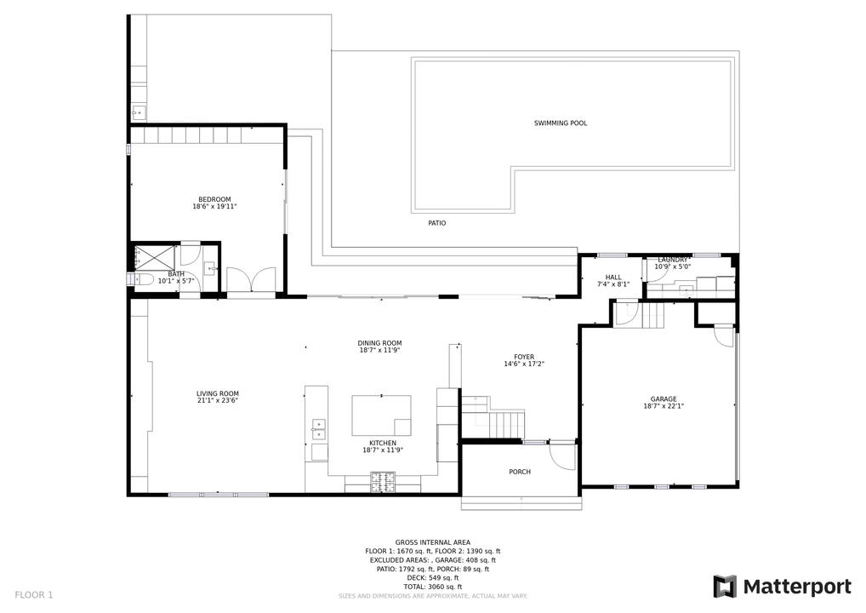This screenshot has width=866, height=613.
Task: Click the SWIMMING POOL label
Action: (x=560, y=123)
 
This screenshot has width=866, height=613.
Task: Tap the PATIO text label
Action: (x=437, y=223)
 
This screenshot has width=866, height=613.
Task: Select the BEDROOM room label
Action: (x=214, y=199)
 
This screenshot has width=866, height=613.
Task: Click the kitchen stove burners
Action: (x=383, y=481)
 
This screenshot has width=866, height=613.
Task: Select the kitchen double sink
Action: (x=318, y=429)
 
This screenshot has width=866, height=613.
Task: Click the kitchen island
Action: (x=382, y=415)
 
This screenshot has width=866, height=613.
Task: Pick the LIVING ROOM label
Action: (x=218, y=394)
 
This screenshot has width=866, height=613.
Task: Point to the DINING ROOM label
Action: (x=379, y=343)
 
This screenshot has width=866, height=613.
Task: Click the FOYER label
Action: (x=524, y=357)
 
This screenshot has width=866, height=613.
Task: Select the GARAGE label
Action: (x=664, y=399)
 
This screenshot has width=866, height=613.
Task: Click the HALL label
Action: (x=613, y=278)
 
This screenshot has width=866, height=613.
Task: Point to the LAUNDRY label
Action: (x=673, y=260)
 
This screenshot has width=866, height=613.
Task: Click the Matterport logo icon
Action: (x=725, y=587)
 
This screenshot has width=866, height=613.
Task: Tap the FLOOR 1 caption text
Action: (x=34, y=595)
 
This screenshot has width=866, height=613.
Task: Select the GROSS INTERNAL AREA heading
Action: (x=433, y=543)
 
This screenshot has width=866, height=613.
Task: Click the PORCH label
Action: (x=520, y=472)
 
